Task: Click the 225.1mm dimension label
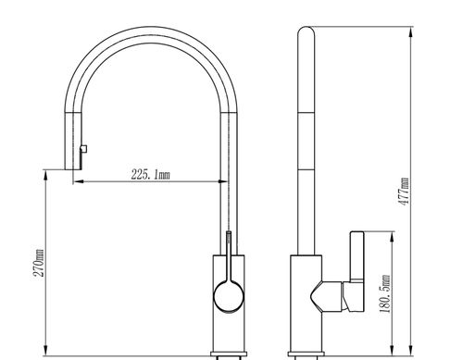coord(150,175)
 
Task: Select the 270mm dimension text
coord(39,263)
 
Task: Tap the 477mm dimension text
coord(404,192)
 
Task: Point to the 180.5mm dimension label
coord(385,293)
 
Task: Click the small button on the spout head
coord(83,149)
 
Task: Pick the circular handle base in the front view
coord(229,296)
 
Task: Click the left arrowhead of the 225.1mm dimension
coord(79,181)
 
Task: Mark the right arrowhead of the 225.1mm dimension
coord(223,181)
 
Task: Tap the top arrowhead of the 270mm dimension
coord(45,175)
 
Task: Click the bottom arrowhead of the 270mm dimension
coord(45,351)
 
